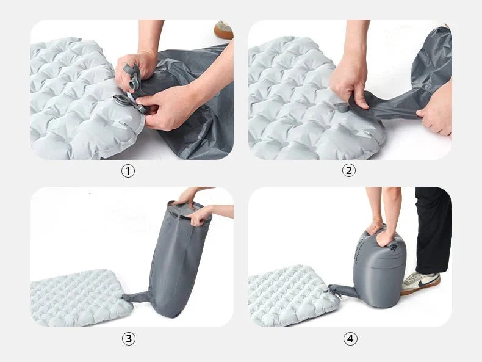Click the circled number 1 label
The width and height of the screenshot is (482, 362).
tap(128, 171)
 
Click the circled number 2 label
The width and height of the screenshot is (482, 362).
tap(348, 170)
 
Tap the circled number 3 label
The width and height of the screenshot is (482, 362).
tap(129, 339)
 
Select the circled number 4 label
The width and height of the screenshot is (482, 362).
tap(350, 339)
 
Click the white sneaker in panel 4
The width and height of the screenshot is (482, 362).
tap(420, 283)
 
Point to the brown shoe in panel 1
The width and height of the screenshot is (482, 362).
tap(223, 30)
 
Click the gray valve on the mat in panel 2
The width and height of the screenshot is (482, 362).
tap(342, 107)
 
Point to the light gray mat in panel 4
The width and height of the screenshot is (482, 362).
tap(292, 295)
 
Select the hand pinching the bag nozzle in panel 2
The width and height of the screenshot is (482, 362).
tap(349, 83)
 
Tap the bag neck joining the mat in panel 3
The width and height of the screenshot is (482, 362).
tap(136, 297)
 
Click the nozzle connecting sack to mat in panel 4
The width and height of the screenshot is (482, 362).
tap(340, 291)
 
